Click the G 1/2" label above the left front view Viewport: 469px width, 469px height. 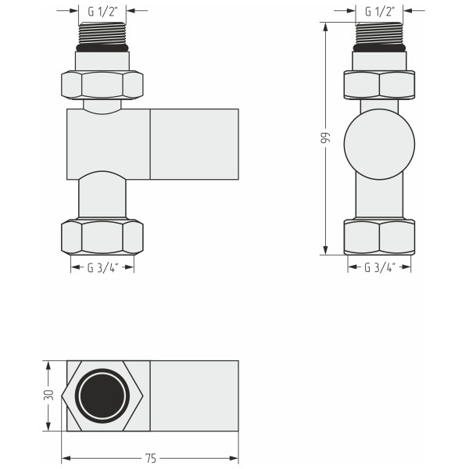[102, 11]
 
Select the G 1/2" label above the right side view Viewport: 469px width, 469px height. [379, 11]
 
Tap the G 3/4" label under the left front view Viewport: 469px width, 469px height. [102, 267]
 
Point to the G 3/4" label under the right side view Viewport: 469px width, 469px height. [379, 267]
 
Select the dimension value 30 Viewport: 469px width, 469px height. [47, 395]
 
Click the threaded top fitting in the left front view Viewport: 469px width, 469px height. [102, 33]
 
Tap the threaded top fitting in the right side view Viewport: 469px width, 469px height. [379, 33]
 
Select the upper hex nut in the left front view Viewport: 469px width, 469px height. [102, 84]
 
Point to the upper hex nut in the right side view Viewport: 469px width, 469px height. [379, 84]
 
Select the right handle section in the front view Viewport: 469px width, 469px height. [194, 144]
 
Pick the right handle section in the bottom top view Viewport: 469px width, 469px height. [194, 396]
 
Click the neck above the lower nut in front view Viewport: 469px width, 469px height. [102, 199]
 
